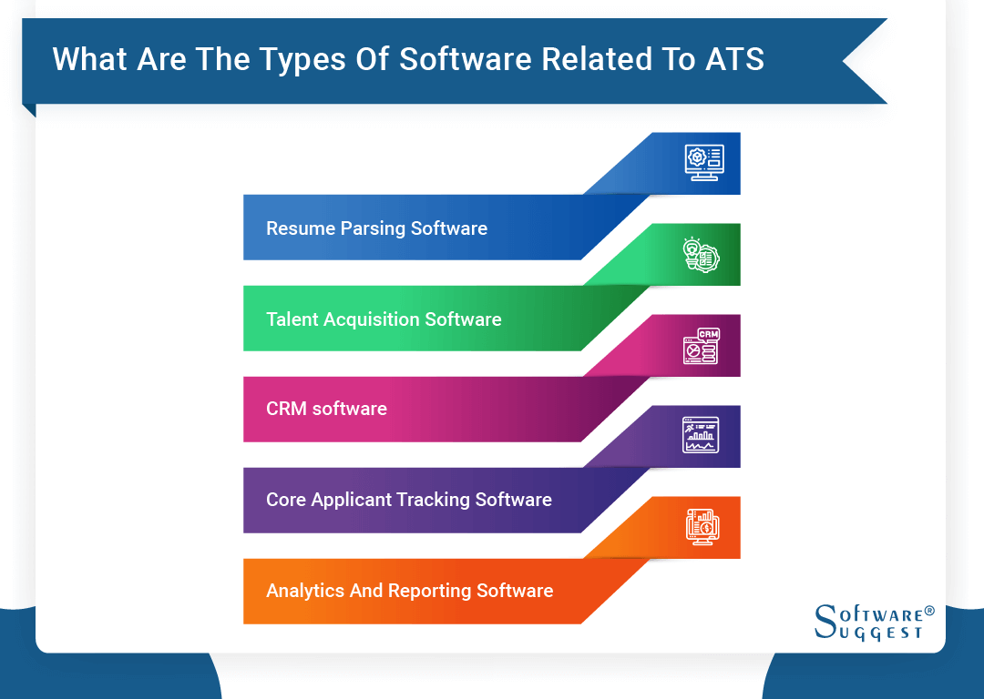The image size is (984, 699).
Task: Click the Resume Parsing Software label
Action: (376, 228)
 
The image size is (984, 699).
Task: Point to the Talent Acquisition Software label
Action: (384, 319)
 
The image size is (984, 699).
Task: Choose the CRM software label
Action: (326, 410)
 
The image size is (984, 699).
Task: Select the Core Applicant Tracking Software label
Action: (408, 500)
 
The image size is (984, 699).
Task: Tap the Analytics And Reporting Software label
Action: (409, 591)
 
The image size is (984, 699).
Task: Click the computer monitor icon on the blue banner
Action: (703, 163)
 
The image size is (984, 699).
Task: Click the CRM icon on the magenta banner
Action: (702, 346)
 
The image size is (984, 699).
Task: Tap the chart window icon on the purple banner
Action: (701, 435)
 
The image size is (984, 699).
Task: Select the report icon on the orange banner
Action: (702, 526)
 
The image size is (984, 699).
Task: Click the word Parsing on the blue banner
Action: (374, 228)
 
